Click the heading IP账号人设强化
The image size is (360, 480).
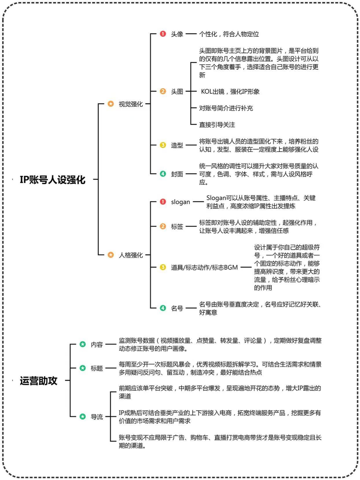[52, 180]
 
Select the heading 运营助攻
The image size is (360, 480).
[38, 381]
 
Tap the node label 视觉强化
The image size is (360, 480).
[131, 104]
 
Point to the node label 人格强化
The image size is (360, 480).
[131, 255]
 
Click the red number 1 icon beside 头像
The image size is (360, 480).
[163, 34]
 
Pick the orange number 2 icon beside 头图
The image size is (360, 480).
[163, 91]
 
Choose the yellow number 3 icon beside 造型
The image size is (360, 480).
[163, 145]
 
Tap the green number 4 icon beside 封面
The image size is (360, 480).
[163, 174]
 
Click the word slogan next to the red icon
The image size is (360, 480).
[180, 202]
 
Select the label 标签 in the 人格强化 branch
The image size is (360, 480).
[177, 226]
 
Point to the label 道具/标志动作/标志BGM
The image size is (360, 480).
[204, 267]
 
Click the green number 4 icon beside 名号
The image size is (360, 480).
[163, 308]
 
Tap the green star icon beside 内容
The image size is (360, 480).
[83, 344]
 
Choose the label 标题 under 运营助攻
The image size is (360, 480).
[97, 368]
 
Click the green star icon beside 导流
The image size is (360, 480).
[83, 416]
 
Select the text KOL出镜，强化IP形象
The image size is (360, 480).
[230, 91]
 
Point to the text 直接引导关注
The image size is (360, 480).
[217, 125]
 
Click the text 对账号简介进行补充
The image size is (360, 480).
[226, 108]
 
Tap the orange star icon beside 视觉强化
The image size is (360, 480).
[111, 104]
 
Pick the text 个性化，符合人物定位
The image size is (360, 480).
[229, 34]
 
